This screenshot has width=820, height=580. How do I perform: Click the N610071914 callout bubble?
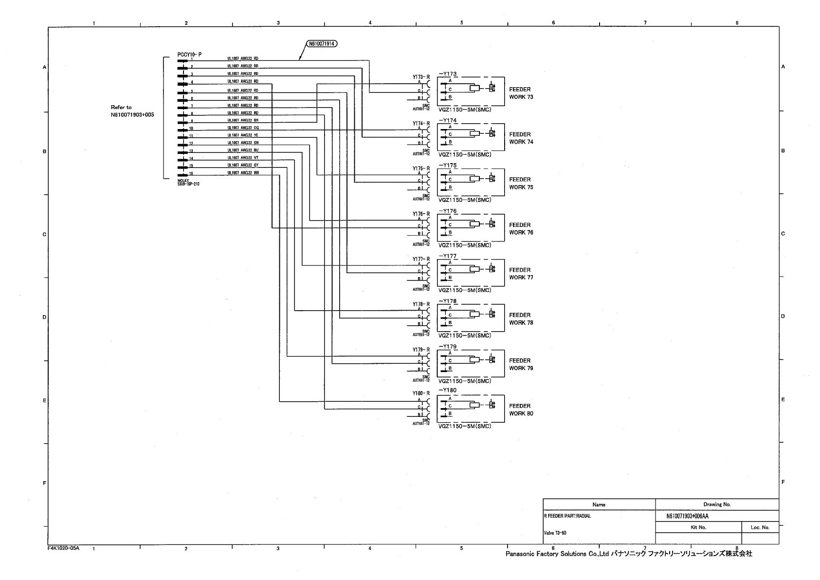click(322, 43)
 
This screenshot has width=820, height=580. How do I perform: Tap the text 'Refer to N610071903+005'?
click(132, 111)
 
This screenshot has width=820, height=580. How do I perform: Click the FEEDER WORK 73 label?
click(521, 93)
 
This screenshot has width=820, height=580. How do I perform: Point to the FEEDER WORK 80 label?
click(521, 410)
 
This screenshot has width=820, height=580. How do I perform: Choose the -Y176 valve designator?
click(448, 211)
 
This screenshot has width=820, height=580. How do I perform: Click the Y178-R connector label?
click(421, 304)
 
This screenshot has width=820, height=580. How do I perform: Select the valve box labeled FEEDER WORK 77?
click(471, 273)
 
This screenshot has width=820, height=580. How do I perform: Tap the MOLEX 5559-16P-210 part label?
click(188, 182)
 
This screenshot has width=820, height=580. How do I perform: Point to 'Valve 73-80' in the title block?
click(555, 533)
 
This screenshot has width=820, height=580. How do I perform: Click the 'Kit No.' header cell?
click(698, 527)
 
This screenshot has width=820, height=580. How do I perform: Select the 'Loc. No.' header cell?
click(759, 527)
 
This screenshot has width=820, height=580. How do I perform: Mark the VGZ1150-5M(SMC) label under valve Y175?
click(465, 200)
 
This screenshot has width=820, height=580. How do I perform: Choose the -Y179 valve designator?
click(448, 347)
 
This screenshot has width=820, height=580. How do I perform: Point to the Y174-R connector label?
click(421, 123)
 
